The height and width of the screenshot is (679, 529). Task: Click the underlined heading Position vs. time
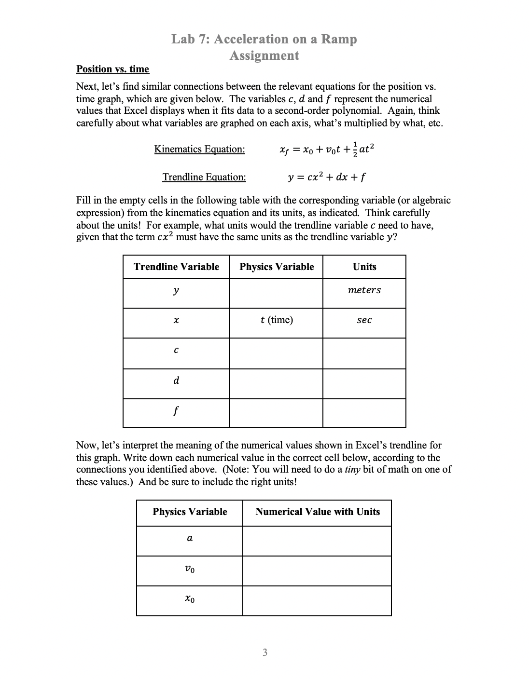point(112,69)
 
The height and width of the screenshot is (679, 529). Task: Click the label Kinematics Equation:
point(199,149)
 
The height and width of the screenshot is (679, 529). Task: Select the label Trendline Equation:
point(204,177)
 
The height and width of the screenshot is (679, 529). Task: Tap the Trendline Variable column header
point(176,267)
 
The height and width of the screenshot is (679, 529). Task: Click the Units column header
point(364,267)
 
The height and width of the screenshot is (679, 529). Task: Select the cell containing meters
point(364,290)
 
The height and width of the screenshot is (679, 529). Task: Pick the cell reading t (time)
point(276,320)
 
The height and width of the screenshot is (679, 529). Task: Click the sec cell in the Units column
point(364,320)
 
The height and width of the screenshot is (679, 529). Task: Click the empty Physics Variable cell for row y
point(276,293)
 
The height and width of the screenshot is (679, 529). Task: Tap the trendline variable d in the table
point(176,380)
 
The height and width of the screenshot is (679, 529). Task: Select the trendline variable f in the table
point(176,411)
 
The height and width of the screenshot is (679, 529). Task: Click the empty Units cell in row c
point(364,353)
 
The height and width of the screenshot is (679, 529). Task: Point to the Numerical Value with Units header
point(317,512)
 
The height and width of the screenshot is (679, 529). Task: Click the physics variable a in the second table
point(190,539)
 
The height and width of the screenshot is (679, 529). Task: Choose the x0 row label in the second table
point(190,599)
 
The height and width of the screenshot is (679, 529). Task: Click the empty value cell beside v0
point(317,571)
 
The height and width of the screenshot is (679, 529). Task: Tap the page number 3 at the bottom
point(264,653)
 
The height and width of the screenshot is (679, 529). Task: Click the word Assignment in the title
point(264,55)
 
